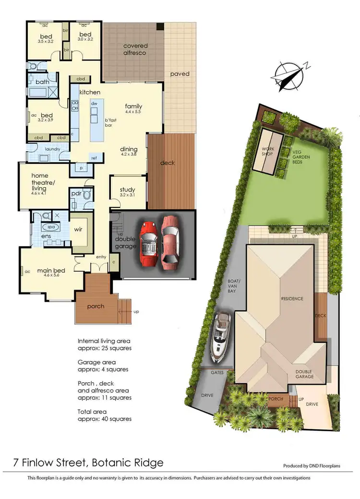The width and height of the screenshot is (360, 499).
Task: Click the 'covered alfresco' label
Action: [x=135, y=49]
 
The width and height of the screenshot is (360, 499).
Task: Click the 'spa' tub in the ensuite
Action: [x=50, y=227]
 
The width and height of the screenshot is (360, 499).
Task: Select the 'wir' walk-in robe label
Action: [x=79, y=230]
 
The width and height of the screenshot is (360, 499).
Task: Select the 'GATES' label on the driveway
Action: [x=217, y=372]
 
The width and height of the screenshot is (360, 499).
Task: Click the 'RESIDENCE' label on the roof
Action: [x=292, y=298]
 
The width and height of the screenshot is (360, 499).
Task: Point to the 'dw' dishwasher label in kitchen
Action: [x=94, y=103]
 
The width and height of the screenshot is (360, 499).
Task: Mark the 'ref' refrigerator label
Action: [x=94, y=158]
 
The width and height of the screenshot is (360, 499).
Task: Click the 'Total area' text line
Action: [x=93, y=412]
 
